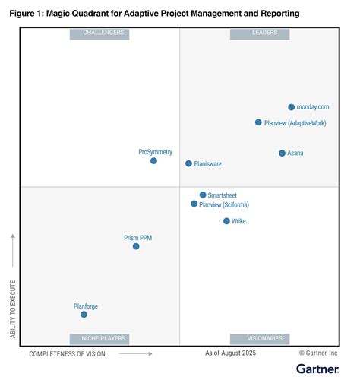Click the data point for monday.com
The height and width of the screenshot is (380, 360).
point(291,107)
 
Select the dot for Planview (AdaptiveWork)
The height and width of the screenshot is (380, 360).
point(258,122)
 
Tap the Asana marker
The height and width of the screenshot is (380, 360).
point(282,153)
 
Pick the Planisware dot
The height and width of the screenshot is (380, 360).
point(189,163)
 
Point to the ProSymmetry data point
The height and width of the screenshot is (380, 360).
point(153,160)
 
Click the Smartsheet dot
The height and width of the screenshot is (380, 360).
point(203,195)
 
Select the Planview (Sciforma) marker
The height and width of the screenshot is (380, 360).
point(194,204)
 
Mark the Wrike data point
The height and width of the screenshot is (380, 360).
point(226,221)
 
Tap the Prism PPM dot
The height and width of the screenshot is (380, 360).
point(136,246)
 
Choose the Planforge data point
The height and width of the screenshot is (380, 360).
point(84,314)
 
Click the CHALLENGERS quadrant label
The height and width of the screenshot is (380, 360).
point(99,33)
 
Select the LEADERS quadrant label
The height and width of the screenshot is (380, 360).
point(264,33)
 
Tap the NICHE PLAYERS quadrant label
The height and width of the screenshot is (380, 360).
point(99,339)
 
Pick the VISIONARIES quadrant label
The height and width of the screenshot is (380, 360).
point(264,339)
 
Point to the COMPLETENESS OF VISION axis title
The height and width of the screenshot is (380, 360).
point(67,354)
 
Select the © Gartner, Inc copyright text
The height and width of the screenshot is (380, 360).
point(324,354)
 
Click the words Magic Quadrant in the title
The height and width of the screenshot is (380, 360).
point(80,13)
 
